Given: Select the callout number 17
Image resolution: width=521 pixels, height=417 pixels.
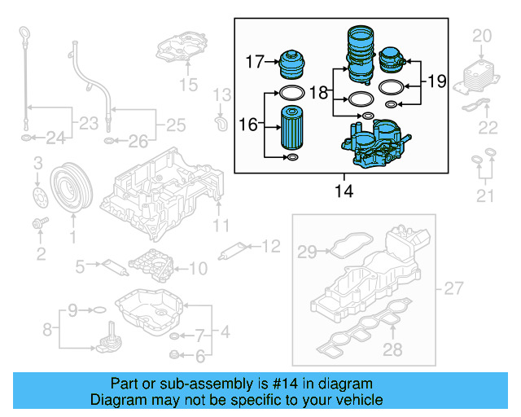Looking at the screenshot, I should coord(256,60).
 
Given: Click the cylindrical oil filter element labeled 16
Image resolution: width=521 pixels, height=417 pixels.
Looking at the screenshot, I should coord(292,128).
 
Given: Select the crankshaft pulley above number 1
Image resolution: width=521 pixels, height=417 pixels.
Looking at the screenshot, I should coord(70,187).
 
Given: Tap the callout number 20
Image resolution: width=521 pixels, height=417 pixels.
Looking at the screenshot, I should coord(483,35).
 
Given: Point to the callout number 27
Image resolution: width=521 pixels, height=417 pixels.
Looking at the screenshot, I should coord(454,288).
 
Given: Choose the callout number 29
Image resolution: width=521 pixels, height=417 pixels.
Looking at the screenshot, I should coord(306,253).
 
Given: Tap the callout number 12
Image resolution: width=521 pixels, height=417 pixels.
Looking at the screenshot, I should coord(270,244).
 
